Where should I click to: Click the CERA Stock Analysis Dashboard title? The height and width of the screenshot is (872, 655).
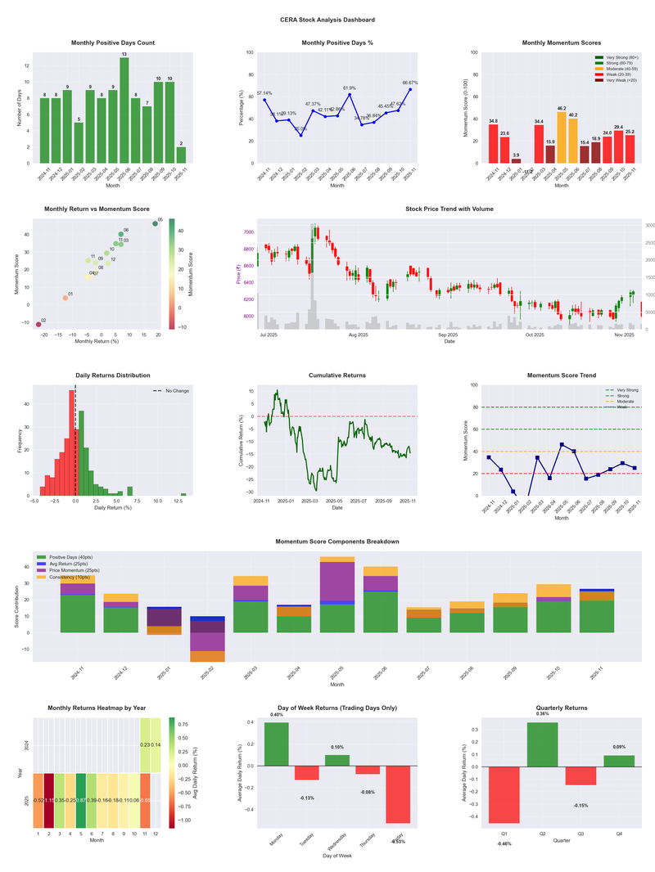327,19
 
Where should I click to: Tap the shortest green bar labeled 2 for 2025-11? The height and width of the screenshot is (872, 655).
181,155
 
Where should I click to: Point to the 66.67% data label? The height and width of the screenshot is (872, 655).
410,83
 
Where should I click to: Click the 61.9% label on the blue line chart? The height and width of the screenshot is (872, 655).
350,88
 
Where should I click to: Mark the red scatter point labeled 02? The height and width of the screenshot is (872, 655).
38,325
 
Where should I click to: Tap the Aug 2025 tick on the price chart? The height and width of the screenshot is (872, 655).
358,335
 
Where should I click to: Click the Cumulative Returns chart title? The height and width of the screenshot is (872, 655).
337,375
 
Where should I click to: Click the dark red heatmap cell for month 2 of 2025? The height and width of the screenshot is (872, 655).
49,800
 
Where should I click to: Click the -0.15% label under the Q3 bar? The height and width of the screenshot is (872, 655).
580,806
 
